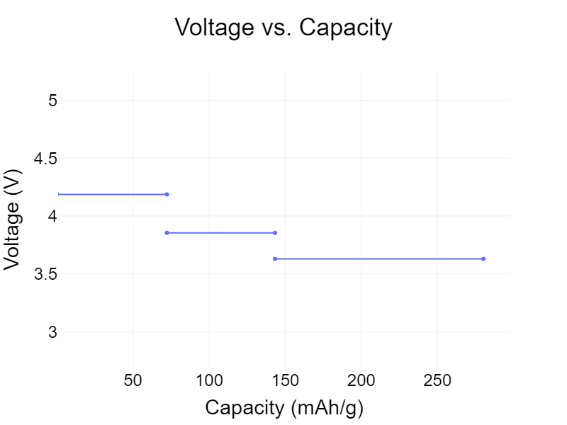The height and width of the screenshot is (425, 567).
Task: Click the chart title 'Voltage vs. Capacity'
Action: pos(283,28)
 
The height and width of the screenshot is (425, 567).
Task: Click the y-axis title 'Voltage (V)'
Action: pos(12,218)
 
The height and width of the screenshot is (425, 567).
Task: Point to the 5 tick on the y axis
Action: pos(52,101)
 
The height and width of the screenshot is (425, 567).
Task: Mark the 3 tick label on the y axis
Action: pos(52,332)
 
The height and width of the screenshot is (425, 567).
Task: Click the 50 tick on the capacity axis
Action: pos(133,380)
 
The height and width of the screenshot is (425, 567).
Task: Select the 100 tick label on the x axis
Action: pos(209,380)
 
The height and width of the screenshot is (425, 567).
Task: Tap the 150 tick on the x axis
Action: pos(285,380)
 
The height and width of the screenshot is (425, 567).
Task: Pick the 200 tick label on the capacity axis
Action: pos(361,380)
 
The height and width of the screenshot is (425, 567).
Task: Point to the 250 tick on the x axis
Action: pos(437,380)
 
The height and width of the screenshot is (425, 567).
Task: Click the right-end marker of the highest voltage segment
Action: pos(167,194)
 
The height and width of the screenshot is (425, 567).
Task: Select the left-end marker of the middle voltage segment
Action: pos(167,232)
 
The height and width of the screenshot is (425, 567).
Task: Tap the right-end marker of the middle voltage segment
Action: pos(275,232)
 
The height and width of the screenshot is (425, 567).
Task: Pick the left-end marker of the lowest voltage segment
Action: pos(275,259)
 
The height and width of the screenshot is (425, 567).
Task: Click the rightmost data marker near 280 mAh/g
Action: pos(483,259)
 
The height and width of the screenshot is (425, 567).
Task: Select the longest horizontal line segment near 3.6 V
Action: pos(379,259)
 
